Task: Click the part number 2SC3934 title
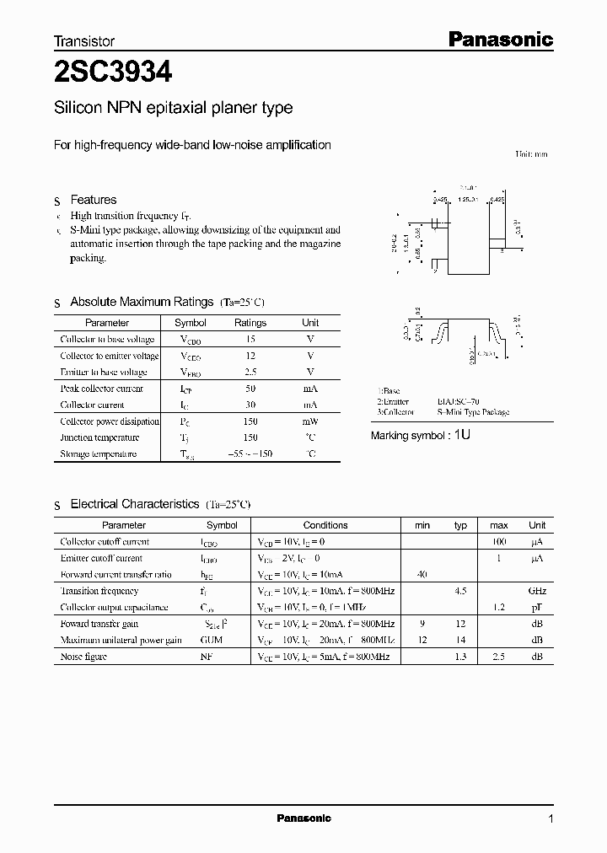click(x=113, y=73)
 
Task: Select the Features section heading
click(x=93, y=200)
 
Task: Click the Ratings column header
click(x=250, y=323)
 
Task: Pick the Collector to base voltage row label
click(x=107, y=339)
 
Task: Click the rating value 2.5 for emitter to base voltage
click(x=250, y=372)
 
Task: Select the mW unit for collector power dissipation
click(x=310, y=421)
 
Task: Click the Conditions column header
click(x=325, y=525)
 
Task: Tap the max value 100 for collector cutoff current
click(x=498, y=542)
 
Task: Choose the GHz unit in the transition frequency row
click(x=536, y=592)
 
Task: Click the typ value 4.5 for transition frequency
click(x=460, y=592)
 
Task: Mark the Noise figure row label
click(x=83, y=657)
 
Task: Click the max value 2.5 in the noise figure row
click(x=498, y=657)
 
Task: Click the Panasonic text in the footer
click(x=303, y=818)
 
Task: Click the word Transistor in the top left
click(x=84, y=40)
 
